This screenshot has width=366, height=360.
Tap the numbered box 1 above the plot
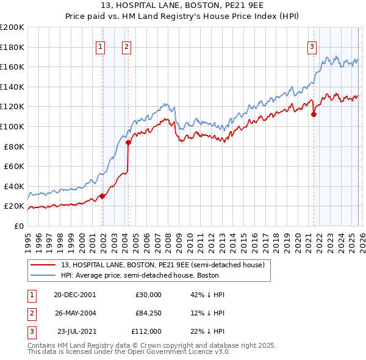pos(100,46)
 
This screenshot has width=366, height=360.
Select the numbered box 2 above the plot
pos(126,46)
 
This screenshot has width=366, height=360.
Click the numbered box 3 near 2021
pos(312,46)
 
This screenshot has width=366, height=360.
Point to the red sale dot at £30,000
pos(102,196)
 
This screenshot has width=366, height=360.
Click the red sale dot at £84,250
pos(128,142)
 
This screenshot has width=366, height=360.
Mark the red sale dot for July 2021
pos(314,114)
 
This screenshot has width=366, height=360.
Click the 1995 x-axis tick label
pos(28,239)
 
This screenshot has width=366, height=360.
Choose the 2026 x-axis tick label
pos(361,239)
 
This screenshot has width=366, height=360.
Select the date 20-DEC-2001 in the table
pos(74,295)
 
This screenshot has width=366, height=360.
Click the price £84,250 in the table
pos(148,314)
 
